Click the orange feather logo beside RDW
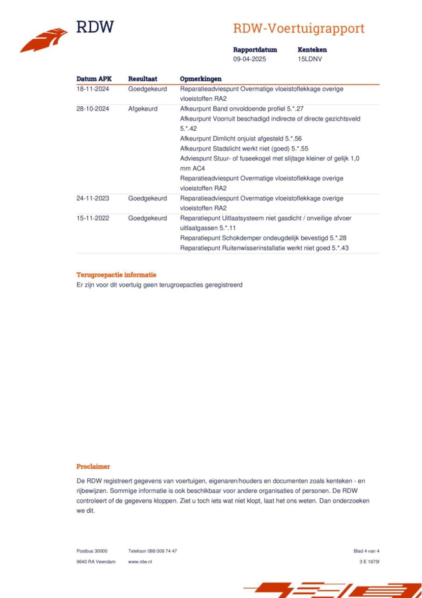(x=45, y=40)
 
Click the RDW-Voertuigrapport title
(x=299, y=28)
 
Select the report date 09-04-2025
(x=249, y=59)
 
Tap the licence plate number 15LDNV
(x=310, y=59)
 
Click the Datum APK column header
(x=94, y=79)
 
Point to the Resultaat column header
(x=142, y=79)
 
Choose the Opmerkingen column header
(x=200, y=79)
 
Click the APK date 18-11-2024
(x=93, y=89)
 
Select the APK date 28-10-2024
(x=93, y=109)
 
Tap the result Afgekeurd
(x=143, y=109)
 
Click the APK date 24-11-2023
(x=93, y=198)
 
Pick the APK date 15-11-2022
(x=93, y=218)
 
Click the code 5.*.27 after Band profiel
(x=295, y=109)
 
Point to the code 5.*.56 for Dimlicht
(x=293, y=139)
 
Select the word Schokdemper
(x=242, y=238)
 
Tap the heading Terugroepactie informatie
(x=116, y=275)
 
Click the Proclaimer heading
(x=93, y=466)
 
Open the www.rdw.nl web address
(x=140, y=561)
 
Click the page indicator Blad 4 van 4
(x=366, y=551)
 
